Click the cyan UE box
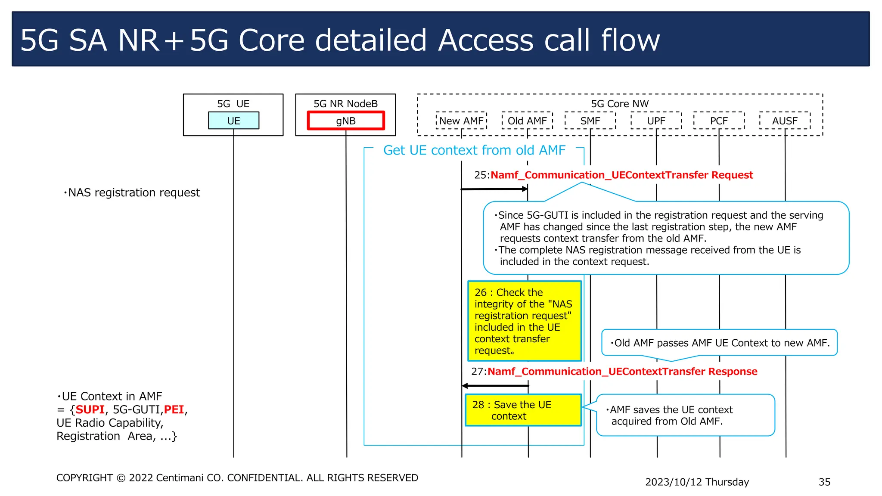233,121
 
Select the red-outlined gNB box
346,121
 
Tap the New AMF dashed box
461,121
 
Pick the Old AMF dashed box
527,121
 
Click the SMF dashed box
590,121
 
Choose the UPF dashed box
656,121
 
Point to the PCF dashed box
719,121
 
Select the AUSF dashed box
785,121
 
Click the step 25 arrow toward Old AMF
494,189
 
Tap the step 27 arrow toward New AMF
495,386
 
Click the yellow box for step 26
525,321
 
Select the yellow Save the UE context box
523,410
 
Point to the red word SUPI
90,409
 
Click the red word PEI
174,409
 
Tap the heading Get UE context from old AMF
474,150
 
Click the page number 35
824,482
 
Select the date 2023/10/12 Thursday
697,482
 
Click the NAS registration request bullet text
132,192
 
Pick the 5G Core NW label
620,104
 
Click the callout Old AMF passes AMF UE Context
719,343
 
